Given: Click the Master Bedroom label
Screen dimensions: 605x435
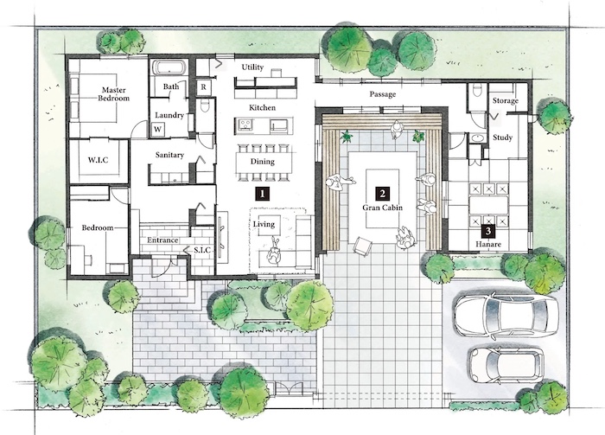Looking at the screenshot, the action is tap(113, 94).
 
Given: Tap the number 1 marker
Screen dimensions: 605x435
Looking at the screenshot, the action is tap(263, 194).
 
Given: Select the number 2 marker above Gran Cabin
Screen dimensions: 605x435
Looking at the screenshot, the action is tap(382, 194).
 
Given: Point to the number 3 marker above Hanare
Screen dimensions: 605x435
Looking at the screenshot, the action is tap(488, 231).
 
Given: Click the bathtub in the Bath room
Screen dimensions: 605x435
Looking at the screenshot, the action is tap(169, 68).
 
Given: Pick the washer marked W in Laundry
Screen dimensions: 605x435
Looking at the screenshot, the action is tap(157, 129).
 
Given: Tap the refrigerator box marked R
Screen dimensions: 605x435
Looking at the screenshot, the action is tap(203, 87).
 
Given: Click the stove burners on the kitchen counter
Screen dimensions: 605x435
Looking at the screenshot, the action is tap(245, 125).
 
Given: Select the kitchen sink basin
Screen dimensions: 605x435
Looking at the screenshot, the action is tap(278, 125).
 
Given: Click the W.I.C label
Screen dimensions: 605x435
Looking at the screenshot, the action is tap(98, 160).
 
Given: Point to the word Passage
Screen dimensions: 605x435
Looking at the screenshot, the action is tap(382, 94).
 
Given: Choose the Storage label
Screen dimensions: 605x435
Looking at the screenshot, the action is tap(505, 100).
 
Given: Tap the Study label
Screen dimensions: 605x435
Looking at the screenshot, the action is tap(502, 138).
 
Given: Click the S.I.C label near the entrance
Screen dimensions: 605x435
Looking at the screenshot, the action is tap(201, 250).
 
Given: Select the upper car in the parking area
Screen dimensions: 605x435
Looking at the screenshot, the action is tap(506, 315).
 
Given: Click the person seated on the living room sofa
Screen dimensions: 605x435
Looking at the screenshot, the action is tap(274, 252).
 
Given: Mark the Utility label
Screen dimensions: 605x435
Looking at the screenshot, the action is tap(252, 67).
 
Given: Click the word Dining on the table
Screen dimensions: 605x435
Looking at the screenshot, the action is tap(263, 162).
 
